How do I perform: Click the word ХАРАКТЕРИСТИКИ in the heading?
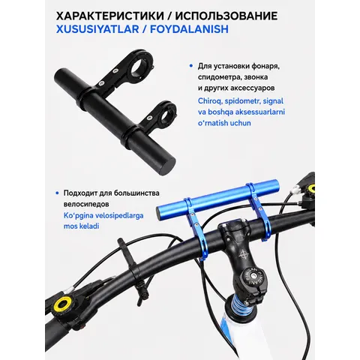[110, 16]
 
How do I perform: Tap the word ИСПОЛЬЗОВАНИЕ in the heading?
[226, 16]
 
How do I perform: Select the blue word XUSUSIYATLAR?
[97, 29]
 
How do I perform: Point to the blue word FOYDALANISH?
[189, 29]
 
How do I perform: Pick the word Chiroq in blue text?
[210, 101]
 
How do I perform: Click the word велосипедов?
[86, 204]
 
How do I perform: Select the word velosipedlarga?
[115, 215]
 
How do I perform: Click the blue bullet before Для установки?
[191, 66]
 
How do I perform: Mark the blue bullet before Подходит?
[57, 193]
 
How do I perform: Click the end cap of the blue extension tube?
[160, 214]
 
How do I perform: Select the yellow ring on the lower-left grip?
[62, 304]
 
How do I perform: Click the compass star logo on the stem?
[243, 255]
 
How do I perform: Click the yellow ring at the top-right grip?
[311, 189]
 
